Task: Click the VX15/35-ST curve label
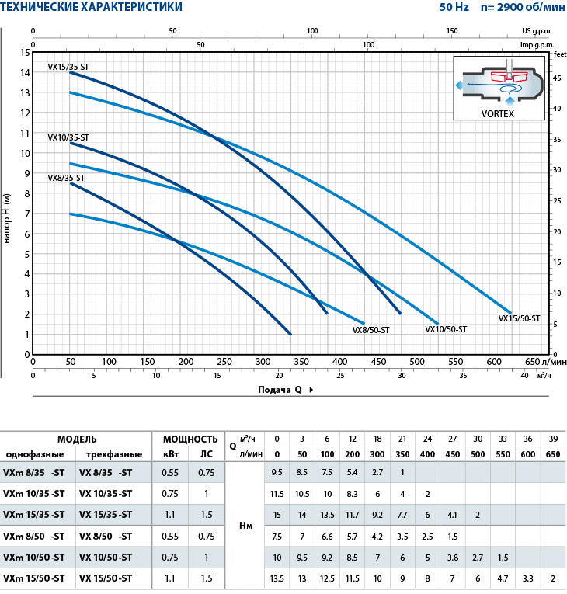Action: click(x=68, y=67)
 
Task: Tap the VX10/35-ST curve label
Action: click(x=68, y=137)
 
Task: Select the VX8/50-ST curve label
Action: click(x=371, y=330)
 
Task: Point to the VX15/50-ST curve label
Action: click(x=519, y=318)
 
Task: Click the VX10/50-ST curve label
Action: click(x=446, y=329)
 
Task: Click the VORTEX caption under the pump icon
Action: click(x=498, y=113)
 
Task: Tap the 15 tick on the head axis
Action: click(x=26, y=53)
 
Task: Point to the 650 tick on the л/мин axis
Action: click(x=531, y=362)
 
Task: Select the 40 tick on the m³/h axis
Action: click(x=524, y=376)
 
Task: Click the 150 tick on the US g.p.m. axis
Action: click(x=452, y=31)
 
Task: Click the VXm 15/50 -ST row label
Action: click(x=34, y=578)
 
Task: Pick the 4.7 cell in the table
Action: click(x=503, y=578)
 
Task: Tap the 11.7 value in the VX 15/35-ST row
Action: click(x=352, y=514)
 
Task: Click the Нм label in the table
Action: click(x=245, y=525)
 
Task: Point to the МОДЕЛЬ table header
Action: click(x=77, y=439)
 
